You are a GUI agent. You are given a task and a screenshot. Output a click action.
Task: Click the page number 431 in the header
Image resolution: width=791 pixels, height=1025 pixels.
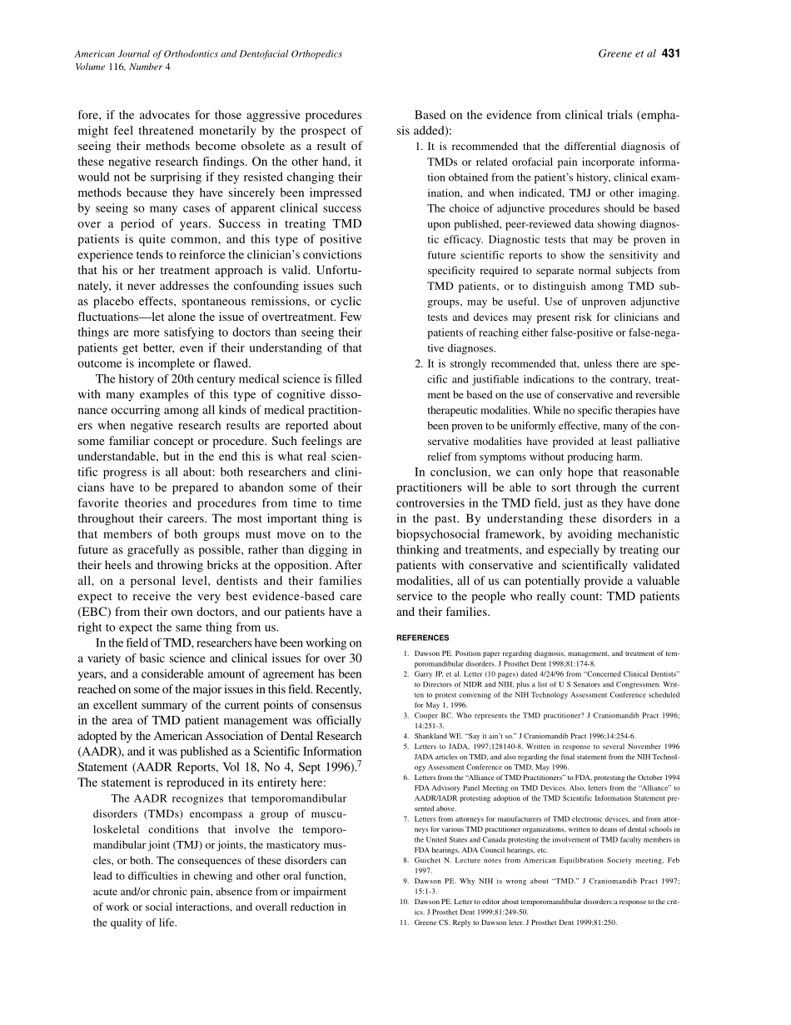click(672, 54)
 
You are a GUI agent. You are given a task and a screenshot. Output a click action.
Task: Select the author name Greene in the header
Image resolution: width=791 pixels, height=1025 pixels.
click(617, 54)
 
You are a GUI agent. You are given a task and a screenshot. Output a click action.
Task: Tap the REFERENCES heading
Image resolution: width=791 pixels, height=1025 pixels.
click(423, 637)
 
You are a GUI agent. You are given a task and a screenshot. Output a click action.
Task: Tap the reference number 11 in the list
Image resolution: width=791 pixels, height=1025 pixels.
click(405, 922)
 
